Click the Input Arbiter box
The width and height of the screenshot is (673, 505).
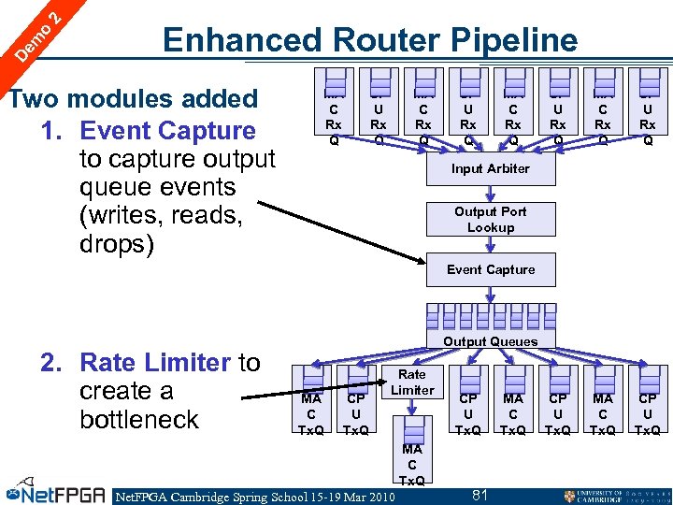pyautogui.click(x=491, y=169)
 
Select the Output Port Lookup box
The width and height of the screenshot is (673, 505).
pyautogui.click(x=491, y=220)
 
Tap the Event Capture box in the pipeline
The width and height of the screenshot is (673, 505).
pyautogui.click(x=491, y=270)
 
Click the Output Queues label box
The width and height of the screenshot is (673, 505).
pyautogui.click(x=491, y=340)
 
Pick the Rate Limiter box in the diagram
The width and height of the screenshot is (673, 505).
pyautogui.click(x=412, y=382)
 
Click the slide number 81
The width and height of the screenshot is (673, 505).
pyautogui.click(x=480, y=494)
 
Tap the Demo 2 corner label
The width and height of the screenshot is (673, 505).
pyautogui.click(x=37, y=33)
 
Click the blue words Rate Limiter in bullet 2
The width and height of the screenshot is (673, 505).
pyautogui.click(x=155, y=362)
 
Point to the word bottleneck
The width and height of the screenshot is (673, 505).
pyautogui.click(x=139, y=419)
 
